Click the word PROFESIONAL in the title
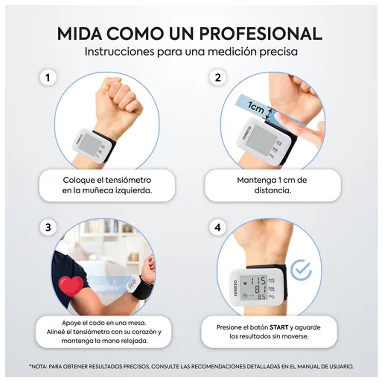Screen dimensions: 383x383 (x=260, y=34)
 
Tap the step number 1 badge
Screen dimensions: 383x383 (x=48, y=78)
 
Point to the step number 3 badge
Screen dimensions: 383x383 (x=48, y=227)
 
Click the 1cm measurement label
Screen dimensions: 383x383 (x=256, y=108)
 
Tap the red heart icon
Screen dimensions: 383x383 (x=71, y=286)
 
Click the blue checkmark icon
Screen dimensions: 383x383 (x=301, y=270)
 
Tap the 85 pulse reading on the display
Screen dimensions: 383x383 (x=262, y=297)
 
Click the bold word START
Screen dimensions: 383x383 (x=279, y=327)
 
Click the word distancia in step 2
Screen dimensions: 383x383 (x=273, y=191)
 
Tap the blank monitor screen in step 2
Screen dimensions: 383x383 (x=261, y=138)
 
